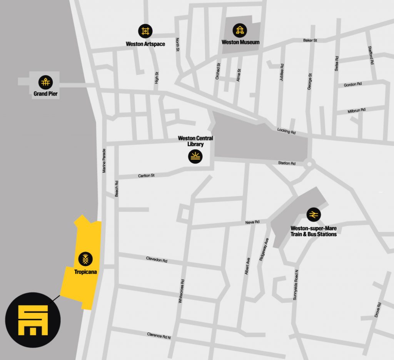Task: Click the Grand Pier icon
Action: coord(45,82)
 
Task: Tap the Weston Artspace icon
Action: coord(145,31)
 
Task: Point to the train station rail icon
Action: coord(314,214)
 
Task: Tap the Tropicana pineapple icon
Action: coord(85,259)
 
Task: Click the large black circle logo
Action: coord(33,320)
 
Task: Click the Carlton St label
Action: coord(146,176)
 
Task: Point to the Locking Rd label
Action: coord(286,131)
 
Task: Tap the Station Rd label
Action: coord(287,163)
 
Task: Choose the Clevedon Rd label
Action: coord(157,260)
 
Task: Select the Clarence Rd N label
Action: coord(159,336)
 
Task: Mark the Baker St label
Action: coord(310,40)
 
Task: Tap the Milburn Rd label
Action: coord(356,110)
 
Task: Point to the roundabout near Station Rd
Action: coord(310,165)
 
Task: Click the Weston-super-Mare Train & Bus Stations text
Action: coord(314,231)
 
